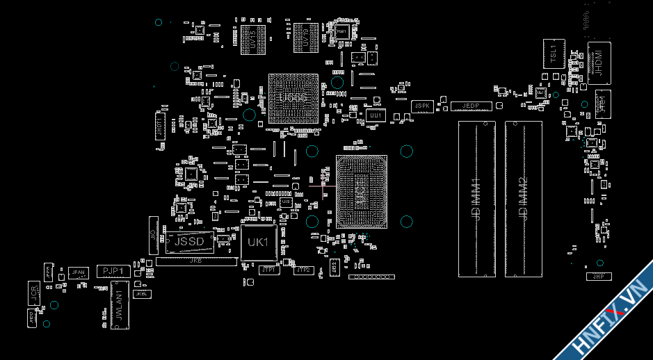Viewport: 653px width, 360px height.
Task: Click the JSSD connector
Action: pyautogui.click(x=189, y=242)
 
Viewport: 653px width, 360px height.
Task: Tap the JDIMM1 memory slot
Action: pyautogui.click(x=477, y=199)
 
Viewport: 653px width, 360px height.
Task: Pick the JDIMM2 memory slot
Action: pyautogui.click(x=524, y=199)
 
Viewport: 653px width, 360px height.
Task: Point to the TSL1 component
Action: pyautogui.click(x=554, y=54)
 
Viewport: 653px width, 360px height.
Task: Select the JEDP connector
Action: pyautogui.click(x=471, y=106)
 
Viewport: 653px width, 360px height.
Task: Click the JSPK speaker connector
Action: pyautogui.click(x=422, y=106)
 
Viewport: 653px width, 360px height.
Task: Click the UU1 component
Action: pyautogui.click(x=376, y=115)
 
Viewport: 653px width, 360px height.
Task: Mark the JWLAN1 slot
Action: pyautogui.click(x=120, y=305)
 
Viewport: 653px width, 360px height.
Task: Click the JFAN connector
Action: pyautogui.click(x=78, y=272)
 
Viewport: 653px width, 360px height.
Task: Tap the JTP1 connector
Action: pyautogui.click(x=269, y=270)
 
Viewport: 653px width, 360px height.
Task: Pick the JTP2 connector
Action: pyautogui.click(x=303, y=270)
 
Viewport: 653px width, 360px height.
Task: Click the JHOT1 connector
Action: pyautogui.click(x=159, y=128)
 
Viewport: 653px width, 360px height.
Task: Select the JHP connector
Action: pyautogui.click(x=597, y=277)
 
